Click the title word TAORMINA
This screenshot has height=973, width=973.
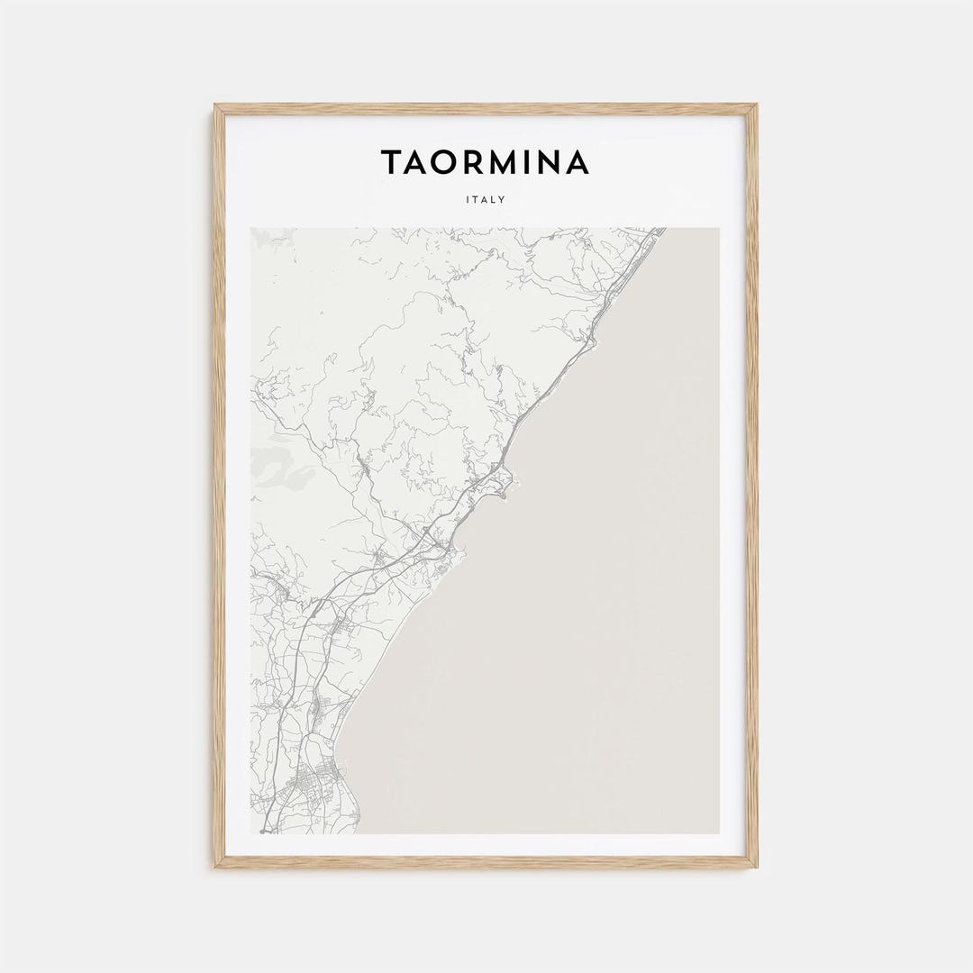(485, 163)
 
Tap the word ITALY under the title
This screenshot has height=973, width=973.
(486, 200)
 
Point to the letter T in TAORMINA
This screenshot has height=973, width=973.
(392, 163)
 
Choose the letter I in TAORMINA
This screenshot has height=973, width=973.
(532, 163)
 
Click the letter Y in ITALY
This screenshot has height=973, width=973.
(502, 200)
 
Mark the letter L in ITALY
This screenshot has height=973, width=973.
(493, 200)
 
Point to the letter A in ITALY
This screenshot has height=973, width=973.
(484, 200)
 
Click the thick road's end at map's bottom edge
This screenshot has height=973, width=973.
(263, 831)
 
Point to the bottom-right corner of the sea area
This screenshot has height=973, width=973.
(718, 832)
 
